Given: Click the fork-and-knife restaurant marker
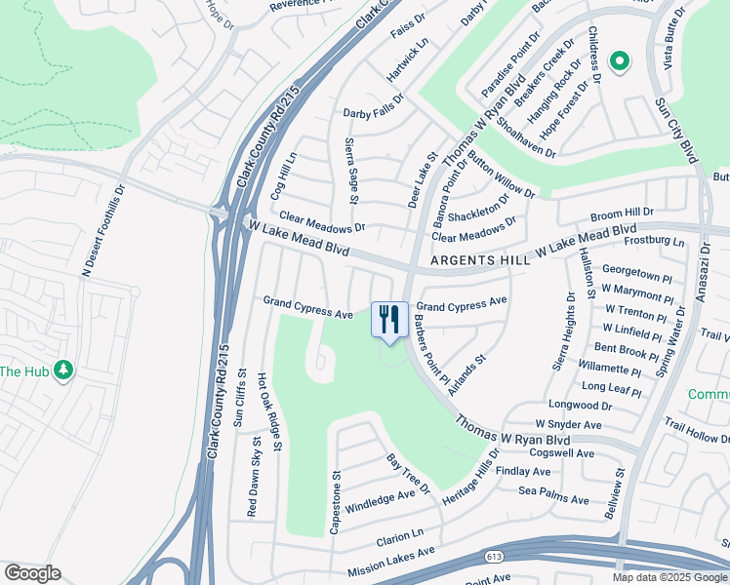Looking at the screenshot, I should click(389, 319).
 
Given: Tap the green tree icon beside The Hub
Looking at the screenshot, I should click(64, 370).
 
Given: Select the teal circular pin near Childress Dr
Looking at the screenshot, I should click(619, 62).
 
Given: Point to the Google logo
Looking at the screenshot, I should click(31, 573).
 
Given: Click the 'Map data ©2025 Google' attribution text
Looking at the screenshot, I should click(669, 577).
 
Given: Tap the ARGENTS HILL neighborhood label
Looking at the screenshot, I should click(480, 260).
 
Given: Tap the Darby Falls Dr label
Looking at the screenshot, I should click(373, 114).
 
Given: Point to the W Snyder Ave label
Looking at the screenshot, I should click(563, 425).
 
